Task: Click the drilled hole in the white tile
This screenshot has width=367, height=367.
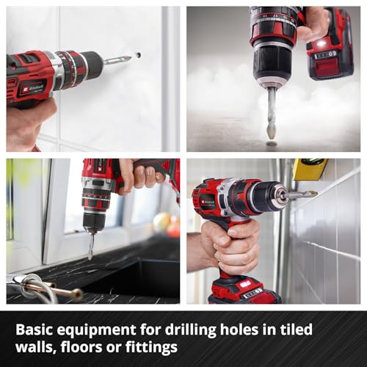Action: pos(139,54)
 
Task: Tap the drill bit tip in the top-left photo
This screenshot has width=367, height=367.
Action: pos(130,58)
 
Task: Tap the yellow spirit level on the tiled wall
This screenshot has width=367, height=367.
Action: pos(309,169)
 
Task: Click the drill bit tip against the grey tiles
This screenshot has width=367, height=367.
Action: pos(314,194)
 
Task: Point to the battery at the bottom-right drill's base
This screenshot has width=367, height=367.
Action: pos(244,291)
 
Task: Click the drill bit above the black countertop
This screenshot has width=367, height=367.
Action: pos(91,246)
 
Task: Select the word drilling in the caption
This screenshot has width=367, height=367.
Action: pos(191,330)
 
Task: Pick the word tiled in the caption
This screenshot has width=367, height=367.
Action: pos(297,329)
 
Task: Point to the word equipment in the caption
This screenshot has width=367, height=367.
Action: pos(96,330)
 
